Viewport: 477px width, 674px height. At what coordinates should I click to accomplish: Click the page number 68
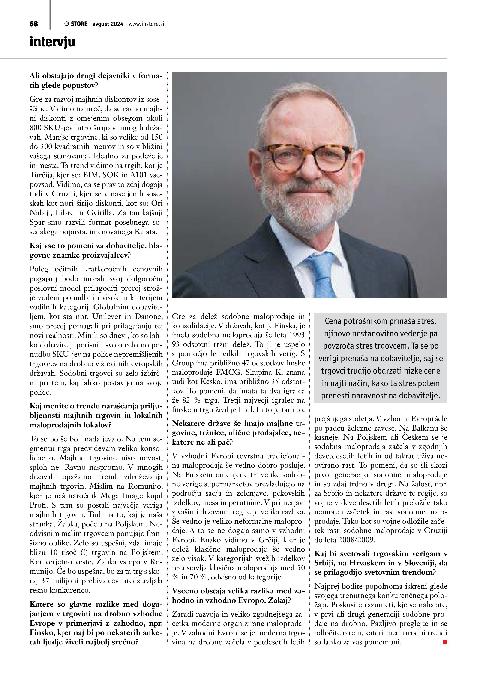[34, 24]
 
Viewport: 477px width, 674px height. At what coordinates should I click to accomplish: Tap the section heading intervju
[52, 42]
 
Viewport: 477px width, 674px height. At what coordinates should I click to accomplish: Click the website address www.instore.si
[146, 24]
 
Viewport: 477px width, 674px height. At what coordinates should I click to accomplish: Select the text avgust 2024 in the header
[108, 24]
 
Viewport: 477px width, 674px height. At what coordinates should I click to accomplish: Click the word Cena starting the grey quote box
[333, 321]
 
